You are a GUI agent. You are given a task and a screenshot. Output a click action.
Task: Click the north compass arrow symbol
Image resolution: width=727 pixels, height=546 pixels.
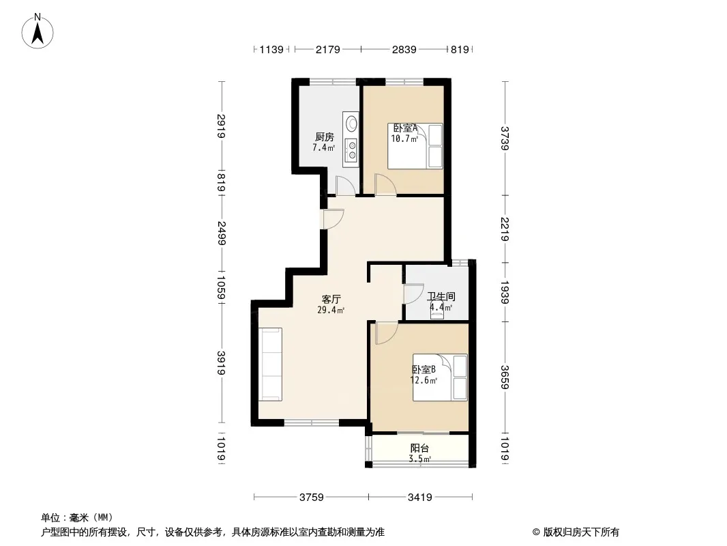[38, 31]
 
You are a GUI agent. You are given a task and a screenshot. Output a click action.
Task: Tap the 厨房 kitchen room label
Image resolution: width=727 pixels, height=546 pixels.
[325, 137]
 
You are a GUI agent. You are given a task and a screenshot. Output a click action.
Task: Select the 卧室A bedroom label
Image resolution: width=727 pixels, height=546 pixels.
[406, 128]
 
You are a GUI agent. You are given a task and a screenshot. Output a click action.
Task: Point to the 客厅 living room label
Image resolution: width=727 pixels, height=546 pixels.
[331, 299]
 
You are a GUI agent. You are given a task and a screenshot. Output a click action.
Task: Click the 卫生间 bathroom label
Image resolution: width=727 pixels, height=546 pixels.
[441, 296]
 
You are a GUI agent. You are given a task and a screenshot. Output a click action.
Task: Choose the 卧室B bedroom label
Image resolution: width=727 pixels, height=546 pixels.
[424, 370]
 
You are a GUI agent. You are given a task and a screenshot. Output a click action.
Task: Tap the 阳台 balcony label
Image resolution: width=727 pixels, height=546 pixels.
[419, 448]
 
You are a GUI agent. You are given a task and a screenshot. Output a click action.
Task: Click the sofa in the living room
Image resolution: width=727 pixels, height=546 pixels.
[270, 364]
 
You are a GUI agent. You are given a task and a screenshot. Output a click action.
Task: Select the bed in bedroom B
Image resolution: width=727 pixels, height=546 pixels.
[440, 377]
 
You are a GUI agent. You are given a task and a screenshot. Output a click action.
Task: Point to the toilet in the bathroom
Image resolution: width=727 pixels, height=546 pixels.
[436, 310]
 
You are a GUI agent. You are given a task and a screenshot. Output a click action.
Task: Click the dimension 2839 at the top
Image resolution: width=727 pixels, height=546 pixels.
[404, 49]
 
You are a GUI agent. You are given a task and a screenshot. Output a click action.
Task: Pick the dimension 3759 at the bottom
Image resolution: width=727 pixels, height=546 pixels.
[311, 498]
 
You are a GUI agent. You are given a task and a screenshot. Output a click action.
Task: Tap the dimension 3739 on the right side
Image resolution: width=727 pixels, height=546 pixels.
[505, 139]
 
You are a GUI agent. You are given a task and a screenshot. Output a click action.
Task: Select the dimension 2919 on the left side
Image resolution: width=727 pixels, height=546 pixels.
[221, 126]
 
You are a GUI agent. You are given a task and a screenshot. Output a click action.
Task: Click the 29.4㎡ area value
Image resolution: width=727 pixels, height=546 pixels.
[331, 311]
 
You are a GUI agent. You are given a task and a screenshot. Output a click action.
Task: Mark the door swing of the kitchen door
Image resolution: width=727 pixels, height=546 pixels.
[345, 185]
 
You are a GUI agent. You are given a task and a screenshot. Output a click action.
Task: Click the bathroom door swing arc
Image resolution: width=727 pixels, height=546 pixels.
[413, 293]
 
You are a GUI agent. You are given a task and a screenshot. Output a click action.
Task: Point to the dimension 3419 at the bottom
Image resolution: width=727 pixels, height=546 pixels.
[419, 498]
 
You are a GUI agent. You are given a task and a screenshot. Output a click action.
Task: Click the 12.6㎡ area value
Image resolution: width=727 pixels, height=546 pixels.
[424, 380]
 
